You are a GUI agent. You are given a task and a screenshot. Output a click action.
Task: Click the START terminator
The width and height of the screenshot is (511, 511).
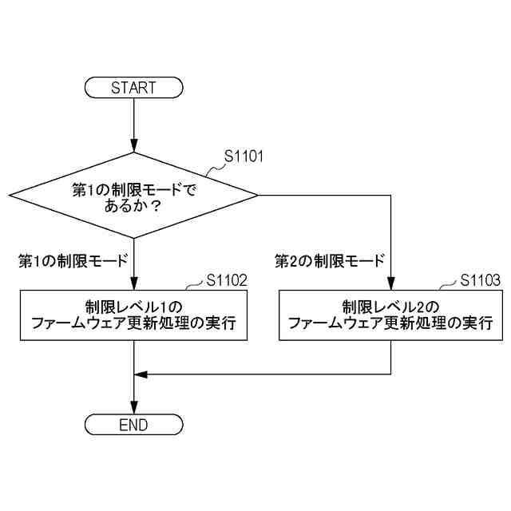[133, 87]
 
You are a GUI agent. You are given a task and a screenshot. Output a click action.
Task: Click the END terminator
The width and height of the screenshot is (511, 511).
[133, 425]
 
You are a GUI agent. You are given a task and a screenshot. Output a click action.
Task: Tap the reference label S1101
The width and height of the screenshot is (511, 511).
[244, 157]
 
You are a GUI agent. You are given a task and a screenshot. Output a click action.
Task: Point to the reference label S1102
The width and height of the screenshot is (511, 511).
[227, 279]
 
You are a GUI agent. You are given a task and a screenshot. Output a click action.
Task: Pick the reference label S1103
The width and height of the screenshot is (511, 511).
[481, 279]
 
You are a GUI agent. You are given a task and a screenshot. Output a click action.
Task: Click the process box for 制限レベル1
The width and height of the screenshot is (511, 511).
[133, 315]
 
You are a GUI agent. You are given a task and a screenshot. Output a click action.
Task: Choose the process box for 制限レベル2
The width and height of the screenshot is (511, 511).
[390, 315]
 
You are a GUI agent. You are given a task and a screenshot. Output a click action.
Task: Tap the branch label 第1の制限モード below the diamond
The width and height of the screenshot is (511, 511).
[73, 260]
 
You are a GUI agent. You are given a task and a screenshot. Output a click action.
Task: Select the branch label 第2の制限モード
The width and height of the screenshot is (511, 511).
[330, 260]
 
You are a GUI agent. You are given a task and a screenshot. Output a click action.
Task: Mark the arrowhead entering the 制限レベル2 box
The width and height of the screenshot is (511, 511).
[390, 285]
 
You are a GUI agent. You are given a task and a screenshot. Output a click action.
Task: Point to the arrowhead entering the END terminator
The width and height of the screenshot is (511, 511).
[133, 410]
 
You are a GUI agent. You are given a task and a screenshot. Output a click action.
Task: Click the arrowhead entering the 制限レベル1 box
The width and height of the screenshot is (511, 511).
[133, 285]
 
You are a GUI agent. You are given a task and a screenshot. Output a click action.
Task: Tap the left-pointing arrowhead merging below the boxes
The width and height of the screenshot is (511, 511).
[140, 374]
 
